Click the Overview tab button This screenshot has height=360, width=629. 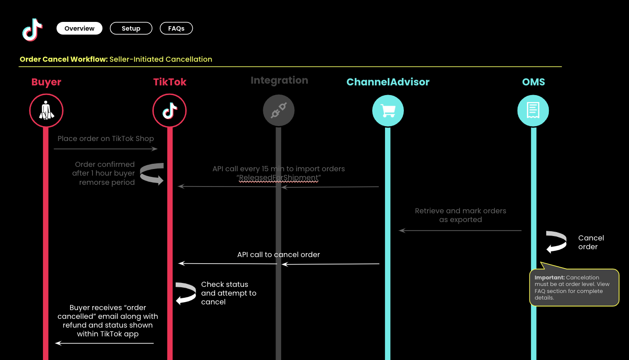79,28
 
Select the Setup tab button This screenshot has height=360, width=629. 131,28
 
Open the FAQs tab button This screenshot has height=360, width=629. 176,28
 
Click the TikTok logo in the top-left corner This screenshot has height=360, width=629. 32,30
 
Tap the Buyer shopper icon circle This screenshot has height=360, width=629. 46,110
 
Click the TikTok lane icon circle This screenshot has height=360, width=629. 170,110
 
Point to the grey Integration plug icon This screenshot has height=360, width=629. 279,111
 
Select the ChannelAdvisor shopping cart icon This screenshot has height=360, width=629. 388,111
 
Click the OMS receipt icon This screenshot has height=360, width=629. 533,111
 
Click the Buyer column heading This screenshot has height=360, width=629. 46,82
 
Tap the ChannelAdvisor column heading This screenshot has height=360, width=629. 388,82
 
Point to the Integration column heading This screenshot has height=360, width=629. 279,81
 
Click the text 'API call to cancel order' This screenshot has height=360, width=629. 279,254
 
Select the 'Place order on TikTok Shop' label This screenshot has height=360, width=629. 106,138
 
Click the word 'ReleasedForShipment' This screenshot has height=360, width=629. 279,178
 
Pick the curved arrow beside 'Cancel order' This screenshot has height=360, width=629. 556,242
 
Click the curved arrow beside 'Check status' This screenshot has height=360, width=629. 186,293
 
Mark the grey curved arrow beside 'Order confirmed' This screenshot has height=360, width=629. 152,174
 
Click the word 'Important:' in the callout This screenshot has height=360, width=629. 549,278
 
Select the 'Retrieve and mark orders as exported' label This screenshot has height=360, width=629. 460,215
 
